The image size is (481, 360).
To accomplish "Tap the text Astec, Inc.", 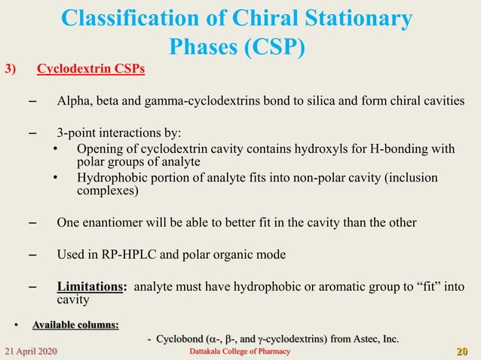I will (x=372, y=340).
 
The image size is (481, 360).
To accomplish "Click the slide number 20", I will (x=463, y=352).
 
